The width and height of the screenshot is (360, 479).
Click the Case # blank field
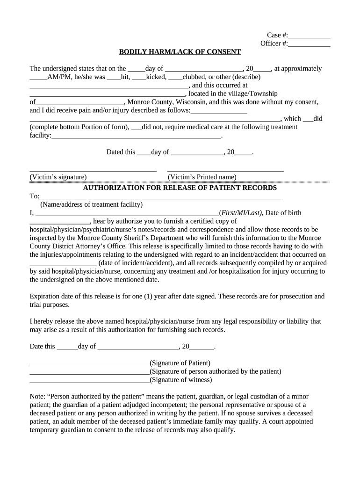point(310,36)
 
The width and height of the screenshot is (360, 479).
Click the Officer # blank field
point(310,44)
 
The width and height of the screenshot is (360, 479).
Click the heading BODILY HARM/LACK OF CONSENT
point(180,52)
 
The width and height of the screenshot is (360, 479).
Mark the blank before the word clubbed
point(175,78)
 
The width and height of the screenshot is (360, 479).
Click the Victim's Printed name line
point(225,171)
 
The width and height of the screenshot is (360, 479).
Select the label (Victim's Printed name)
point(202,177)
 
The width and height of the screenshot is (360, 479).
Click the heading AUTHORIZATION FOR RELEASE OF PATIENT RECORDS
point(180,188)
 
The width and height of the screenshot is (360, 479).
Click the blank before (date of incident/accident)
point(63,263)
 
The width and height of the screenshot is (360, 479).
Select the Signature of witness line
point(89,381)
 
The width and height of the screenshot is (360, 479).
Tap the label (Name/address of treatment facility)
point(92,204)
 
